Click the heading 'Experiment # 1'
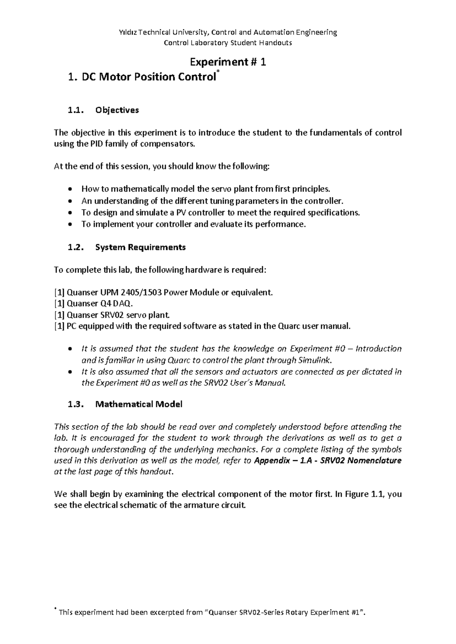228,62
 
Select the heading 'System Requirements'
140,248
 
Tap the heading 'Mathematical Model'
139,404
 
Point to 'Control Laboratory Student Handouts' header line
228,43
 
